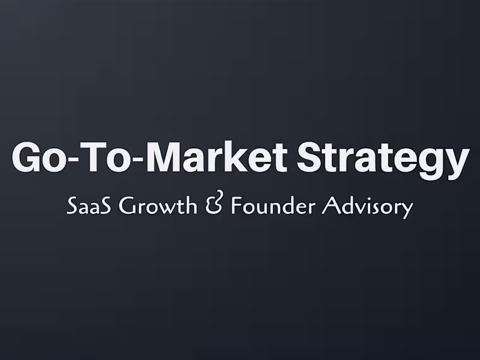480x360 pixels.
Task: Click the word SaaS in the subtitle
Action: click(x=90, y=206)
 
